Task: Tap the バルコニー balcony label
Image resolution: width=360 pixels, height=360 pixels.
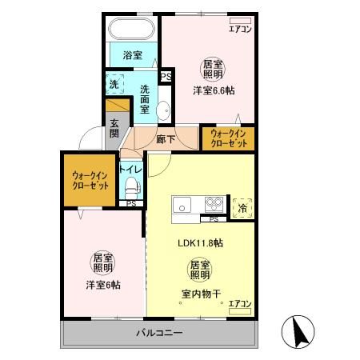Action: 158,332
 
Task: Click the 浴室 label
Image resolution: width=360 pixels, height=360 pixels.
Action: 133,55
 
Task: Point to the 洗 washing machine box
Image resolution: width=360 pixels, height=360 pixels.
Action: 114,82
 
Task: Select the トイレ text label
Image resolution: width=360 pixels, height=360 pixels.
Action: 130,170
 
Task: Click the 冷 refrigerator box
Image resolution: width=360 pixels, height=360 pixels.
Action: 242,207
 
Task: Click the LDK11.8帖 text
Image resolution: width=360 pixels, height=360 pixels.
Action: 199,242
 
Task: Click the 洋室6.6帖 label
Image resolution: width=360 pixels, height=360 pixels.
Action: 212,90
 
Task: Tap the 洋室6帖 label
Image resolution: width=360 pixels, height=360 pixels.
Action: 103,285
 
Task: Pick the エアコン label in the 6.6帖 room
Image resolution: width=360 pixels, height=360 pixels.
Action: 240,30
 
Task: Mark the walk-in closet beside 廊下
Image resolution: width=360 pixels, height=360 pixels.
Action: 228,138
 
